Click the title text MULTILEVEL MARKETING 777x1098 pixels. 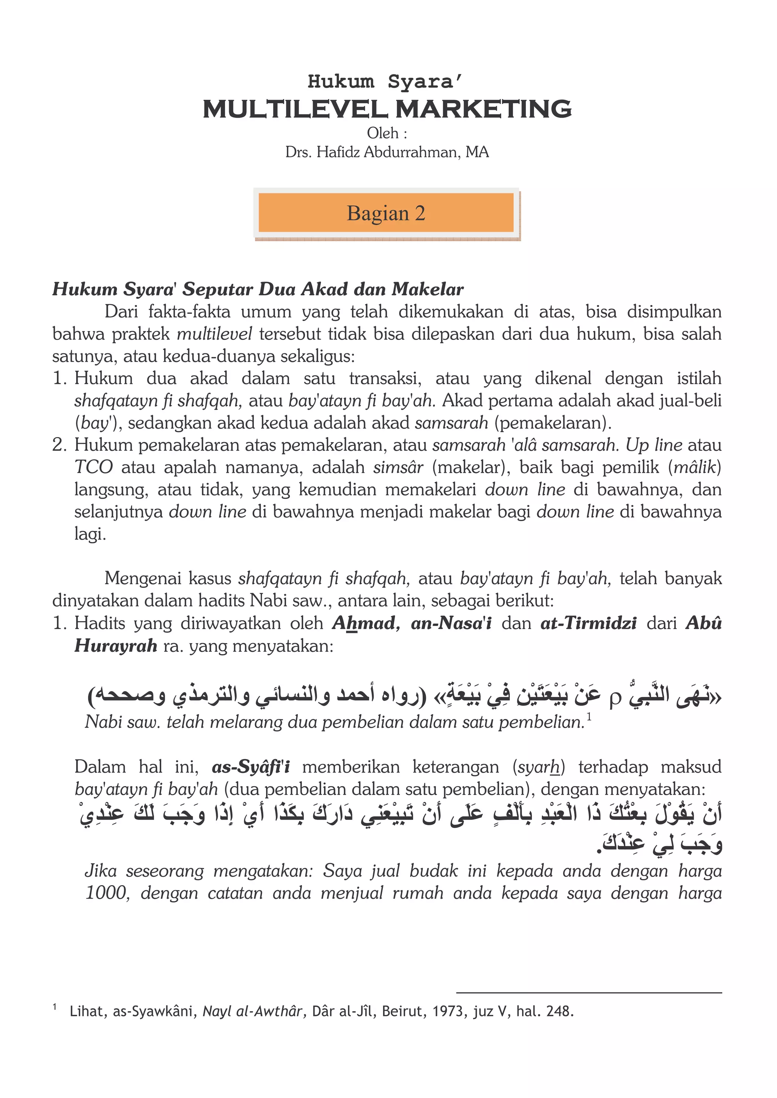(387, 109)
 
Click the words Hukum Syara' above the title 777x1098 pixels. (385, 81)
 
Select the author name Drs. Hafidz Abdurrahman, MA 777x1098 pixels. (387, 152)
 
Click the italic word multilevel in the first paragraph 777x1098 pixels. (214, 333)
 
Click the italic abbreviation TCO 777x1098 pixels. (93, 467)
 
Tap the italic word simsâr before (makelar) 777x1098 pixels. (398, 467)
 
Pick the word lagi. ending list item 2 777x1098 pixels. (90, 534)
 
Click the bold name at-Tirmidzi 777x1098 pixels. (588, 623)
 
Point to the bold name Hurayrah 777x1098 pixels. (116, 645)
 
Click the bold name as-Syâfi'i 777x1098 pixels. (251, 766)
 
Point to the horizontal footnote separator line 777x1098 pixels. (588, 993)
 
